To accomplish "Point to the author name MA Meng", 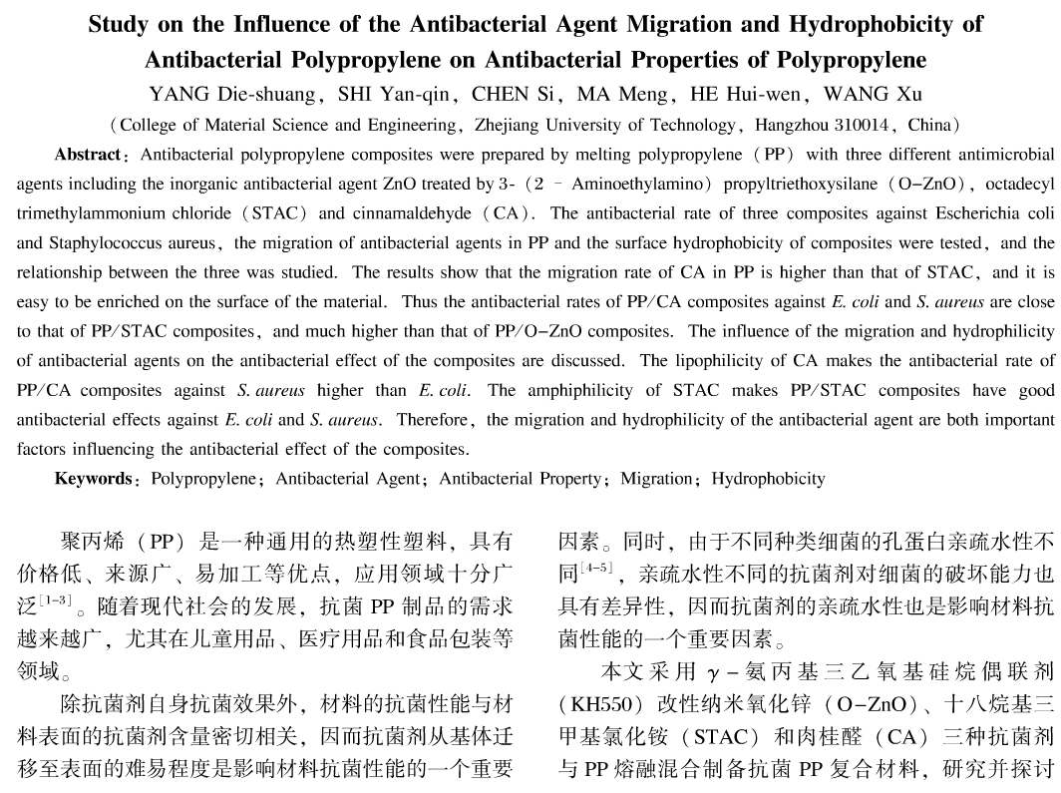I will [x=635, y=95].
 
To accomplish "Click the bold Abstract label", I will [x=88, y=155].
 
